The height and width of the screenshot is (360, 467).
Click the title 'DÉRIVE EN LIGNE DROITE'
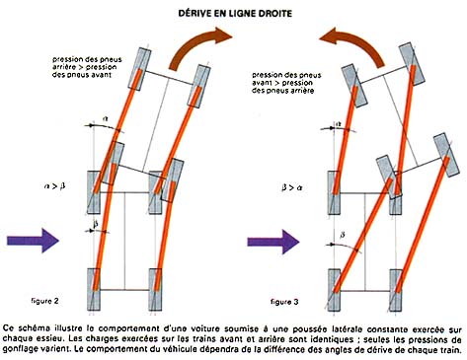coord(235,14)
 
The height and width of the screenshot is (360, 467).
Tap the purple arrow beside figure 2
coord(33,241)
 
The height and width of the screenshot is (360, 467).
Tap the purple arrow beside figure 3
coord(273,242)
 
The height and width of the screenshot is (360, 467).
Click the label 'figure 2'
coord(44,301)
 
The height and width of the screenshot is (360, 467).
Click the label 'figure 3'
coord(284,302)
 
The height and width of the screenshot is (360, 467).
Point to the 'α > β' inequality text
coord(54,186)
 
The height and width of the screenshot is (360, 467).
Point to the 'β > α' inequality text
coord(292,187)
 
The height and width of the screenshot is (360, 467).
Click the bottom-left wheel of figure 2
coord(94,289)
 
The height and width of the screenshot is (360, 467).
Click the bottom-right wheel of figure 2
coord(155,289)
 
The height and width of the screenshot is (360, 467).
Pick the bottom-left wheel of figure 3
coord(334,290)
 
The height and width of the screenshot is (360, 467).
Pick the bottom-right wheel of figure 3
coord(396,290)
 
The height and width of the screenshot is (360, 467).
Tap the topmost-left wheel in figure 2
coord(139,69)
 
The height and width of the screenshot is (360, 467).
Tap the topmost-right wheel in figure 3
coord(411,64)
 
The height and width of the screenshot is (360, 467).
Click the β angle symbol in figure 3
coord(343,235)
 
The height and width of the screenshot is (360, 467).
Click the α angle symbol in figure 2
coord(106,118)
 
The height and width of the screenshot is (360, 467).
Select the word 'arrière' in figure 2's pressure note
coord(64,67)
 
